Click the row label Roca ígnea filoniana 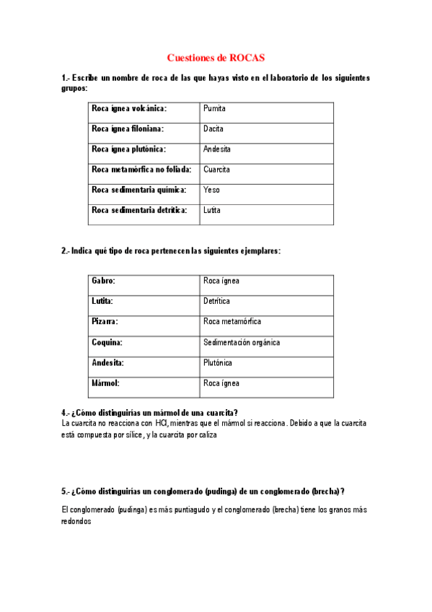(x=128, y=129)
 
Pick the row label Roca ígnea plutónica (x=128, y=149)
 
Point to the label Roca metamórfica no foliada (x=141, y=170)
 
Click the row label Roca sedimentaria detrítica (x=139, y=210)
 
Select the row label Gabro (x=103, y=281)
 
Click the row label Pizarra (x=105, y=321)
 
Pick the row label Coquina (x=107, y=342)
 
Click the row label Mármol (x=105, y=383)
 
